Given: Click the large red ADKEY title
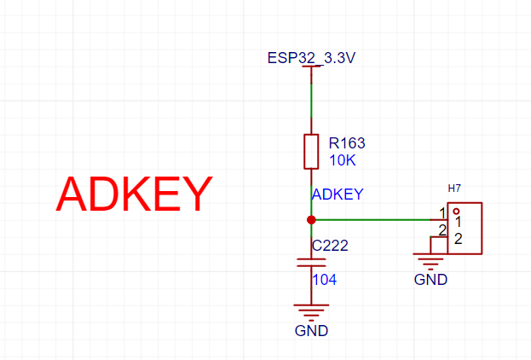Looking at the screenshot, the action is point(134,194).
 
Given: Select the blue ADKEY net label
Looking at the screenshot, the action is point(338,195).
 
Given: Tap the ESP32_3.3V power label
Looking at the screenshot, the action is point(312,58).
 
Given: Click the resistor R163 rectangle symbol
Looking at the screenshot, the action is point(311,152).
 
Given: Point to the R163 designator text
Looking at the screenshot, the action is point(347,143).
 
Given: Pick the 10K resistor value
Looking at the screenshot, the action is point(343,160).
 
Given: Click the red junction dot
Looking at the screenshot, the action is point(311,220).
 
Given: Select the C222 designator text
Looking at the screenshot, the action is point(330,246).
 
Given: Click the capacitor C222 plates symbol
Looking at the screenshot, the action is point(311,263).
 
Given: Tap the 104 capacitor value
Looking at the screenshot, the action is point(325,280).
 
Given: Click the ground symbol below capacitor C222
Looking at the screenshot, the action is point(311,312).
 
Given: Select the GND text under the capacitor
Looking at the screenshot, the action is point(311,331).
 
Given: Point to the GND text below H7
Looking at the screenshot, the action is point(430,280).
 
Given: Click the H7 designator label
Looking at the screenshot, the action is point(454,189).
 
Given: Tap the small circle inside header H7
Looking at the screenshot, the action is point(456,212).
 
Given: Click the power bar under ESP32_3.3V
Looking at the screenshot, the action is point(311,67).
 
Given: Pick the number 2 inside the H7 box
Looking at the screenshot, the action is point(458,239).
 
